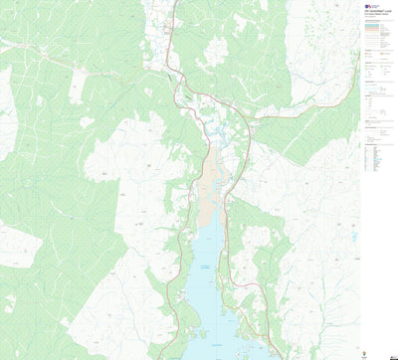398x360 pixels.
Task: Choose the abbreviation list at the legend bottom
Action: point(378,160)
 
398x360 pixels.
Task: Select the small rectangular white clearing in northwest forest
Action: point(77,88)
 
